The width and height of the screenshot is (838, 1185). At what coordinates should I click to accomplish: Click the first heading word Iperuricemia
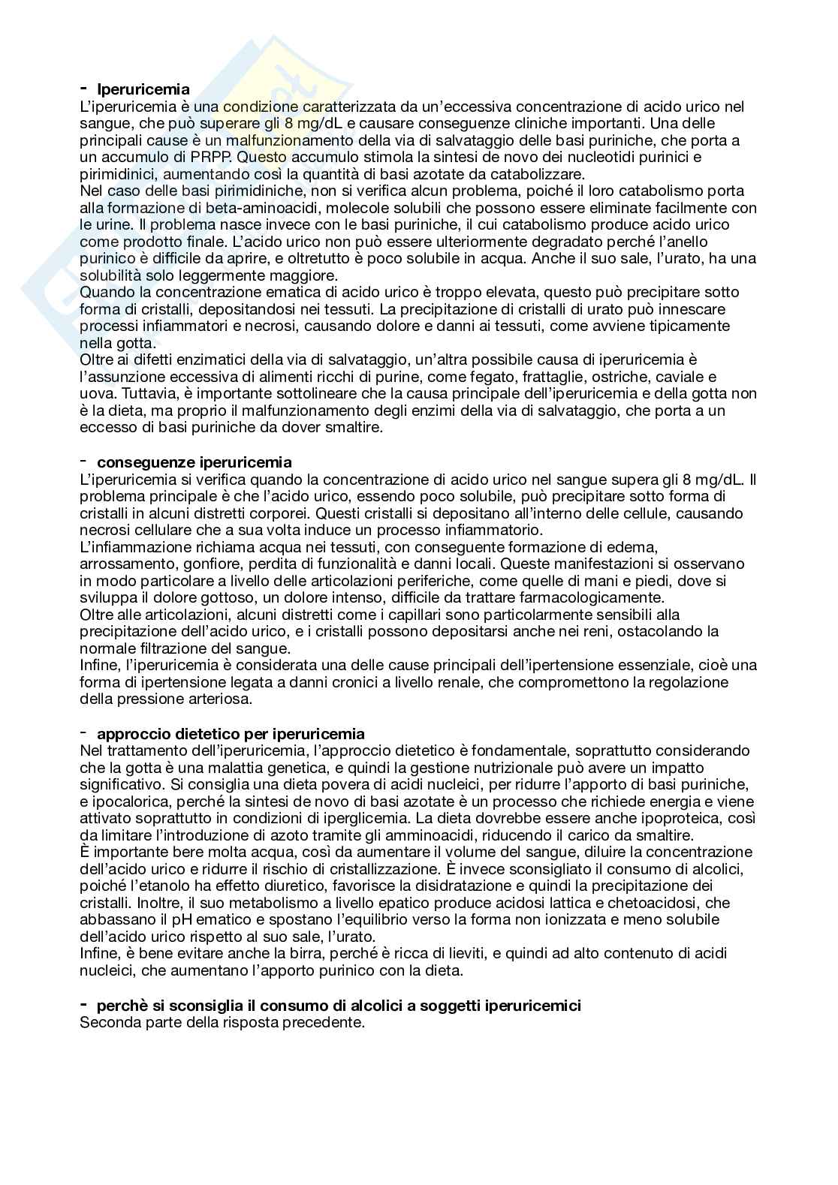point(143,90)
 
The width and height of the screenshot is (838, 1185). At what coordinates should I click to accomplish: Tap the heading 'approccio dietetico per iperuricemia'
point(231,733)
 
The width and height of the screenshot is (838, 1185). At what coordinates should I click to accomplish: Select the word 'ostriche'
point(596,377)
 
